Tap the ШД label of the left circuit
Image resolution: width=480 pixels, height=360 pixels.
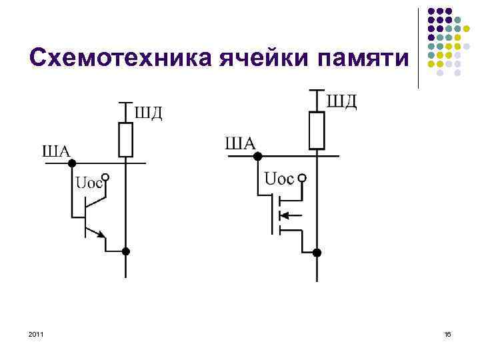149,112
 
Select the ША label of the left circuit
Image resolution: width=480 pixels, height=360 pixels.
56,151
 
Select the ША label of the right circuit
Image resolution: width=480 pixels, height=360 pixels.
241,143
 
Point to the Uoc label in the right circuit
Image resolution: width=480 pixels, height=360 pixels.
279,179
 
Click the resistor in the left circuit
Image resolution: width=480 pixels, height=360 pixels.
125,139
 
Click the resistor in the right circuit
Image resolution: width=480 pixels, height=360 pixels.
317,131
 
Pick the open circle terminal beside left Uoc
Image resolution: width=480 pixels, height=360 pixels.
105,179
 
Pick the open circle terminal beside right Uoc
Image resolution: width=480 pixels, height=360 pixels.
302,179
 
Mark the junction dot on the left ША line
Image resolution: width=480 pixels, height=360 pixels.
72,163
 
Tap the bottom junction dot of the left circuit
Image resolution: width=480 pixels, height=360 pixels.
125,251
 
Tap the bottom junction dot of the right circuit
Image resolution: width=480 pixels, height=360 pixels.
317,253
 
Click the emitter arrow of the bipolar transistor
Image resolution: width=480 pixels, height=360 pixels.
100,234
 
